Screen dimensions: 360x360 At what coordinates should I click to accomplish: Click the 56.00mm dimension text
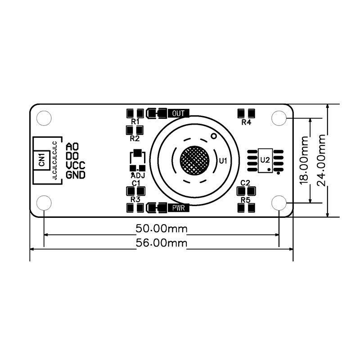click(162, 243)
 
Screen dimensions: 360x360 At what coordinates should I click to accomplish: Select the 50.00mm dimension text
click(162, 229)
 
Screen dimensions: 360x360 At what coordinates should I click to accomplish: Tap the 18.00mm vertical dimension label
click(304, 160)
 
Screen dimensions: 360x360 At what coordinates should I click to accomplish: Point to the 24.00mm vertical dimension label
click(321, 160)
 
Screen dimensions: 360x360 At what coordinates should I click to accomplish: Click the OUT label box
click(178, 113)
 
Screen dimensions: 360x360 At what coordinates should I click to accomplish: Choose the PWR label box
click(178, 208)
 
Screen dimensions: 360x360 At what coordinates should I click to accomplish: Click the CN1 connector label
click(41, 160)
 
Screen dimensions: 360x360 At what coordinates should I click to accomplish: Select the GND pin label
click(75, 175)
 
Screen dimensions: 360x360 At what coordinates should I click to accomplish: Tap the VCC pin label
click(75, 165)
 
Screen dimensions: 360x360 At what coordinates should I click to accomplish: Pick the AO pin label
click(72, 146)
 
